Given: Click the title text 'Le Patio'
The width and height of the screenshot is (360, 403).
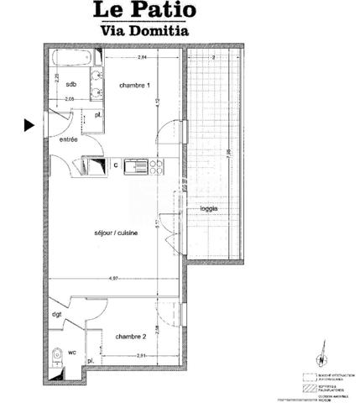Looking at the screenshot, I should click(x=143, y=11).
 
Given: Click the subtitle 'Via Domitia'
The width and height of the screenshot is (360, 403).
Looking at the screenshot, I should click(x=143, y=30).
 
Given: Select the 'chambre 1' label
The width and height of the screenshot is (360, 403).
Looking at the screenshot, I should click(x=133, y=86).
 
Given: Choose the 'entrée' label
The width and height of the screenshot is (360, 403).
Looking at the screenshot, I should click(x=68, y=139).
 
